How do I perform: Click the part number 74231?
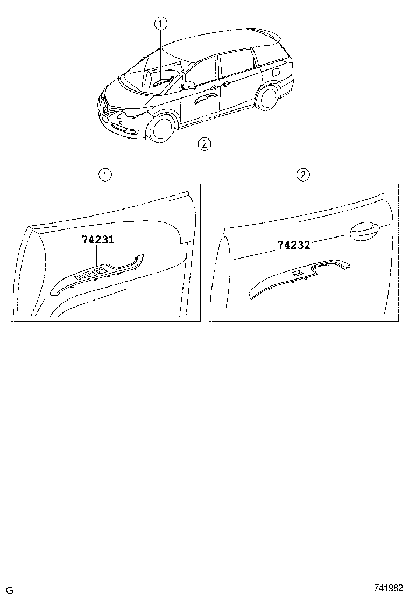(97, 240)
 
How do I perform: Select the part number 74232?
(293, 245)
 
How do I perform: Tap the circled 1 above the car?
(161, 23)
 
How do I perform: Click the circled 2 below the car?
(204, 143)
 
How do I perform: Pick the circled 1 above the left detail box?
(104, 175)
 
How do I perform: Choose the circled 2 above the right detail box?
(304, 175)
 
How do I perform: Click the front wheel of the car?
(161, 128)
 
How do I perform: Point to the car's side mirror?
(189, 86)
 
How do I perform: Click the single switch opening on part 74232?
(297, 274)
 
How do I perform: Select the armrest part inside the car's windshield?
(163, 82)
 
